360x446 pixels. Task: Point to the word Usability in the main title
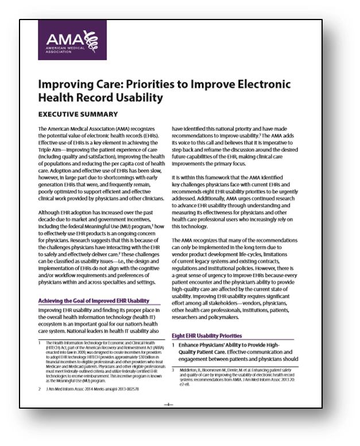pyautogui.click(x=137, y=98)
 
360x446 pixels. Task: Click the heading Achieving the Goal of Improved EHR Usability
pyautogui.click(x=94, y=301)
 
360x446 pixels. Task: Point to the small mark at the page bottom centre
pyautogui.click(x=169, y=405)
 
